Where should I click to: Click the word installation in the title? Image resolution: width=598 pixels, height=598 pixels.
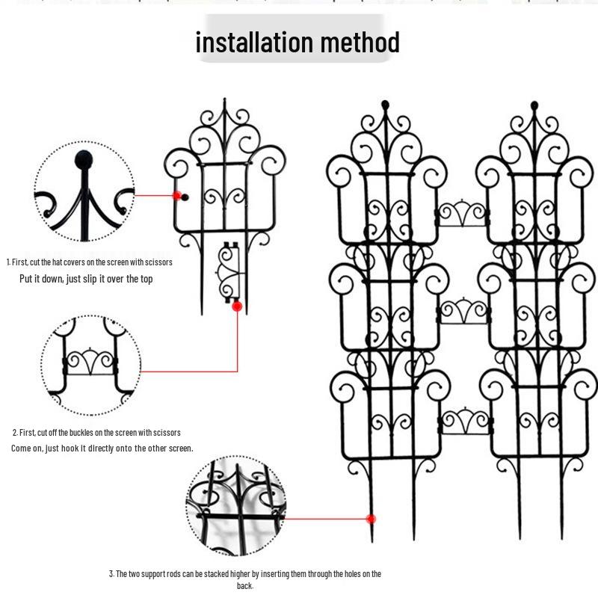pyautogui.click(x=254, y=42)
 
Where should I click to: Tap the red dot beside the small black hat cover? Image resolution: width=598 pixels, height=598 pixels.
pyautogui.click(x=178, y=197)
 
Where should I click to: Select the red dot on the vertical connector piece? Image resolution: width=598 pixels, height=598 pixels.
pyautogui.click(x=237, y=306)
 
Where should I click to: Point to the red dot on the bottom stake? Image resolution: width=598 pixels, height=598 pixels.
pyautogui.click(x=371, y=519)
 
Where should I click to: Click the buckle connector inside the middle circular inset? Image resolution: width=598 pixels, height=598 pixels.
pyautogui.click(x=90, y=364)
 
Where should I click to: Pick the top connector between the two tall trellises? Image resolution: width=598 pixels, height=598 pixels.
pyautogui.click(x=463, y=215)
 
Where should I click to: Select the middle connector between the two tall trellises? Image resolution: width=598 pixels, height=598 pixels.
pyautogui.click(x=463, y=311)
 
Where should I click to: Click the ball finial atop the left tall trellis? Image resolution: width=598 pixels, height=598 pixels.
pyautogui.click(x=385, y=104)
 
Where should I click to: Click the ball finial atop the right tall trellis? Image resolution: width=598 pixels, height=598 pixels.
pyautogui.click(x=534, y=104)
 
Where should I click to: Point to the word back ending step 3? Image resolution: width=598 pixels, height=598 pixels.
pyautogui.click(x=244, y=586)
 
